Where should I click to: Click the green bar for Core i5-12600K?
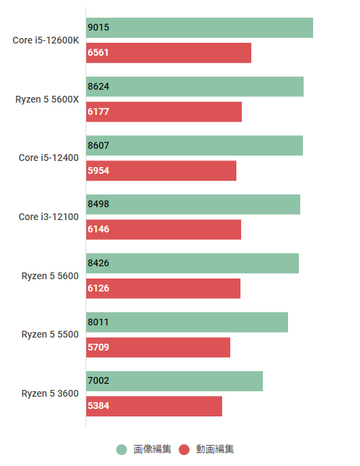pyautogui.click(x=200, y=28)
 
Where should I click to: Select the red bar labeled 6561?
pyautogui.click(x=168, y=53)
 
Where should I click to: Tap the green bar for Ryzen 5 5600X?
pyautogui.click(x=195, y=87)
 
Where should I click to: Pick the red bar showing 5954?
pyautogui.click(x=161, y=171)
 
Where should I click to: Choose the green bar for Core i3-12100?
pyautogui.click(x=193, y=204)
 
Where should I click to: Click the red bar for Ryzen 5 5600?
pyautogui.click(x=163, y=288)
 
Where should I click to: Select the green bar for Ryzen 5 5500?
pyautogui.click(x=187, y=322)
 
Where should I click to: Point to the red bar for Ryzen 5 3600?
pyautogui.click(x=154, y=406)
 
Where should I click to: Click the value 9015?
pyautogui.click(x=98, y=28)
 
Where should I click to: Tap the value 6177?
pyautogui.click(x=98, y=112)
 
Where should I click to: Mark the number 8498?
pyautogui.click(x=98, y=204)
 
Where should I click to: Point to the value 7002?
pyautogui.click(x=98, y=381)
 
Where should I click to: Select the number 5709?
pyautogui.click(x=98, y=347)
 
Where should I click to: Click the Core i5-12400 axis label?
pyautogui.click(x=49, y=158)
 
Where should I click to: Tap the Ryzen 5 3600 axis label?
pyautogui.click(x=50, y=393)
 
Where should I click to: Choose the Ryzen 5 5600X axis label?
pyautogui.click(x=48, y=99)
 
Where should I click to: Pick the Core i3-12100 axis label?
pyautogui.click(x=49, y=217)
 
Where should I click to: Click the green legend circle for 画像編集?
pyautogui.click(x=122, y=449)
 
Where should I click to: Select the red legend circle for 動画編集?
pyautogui.click(x=184, y=449)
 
